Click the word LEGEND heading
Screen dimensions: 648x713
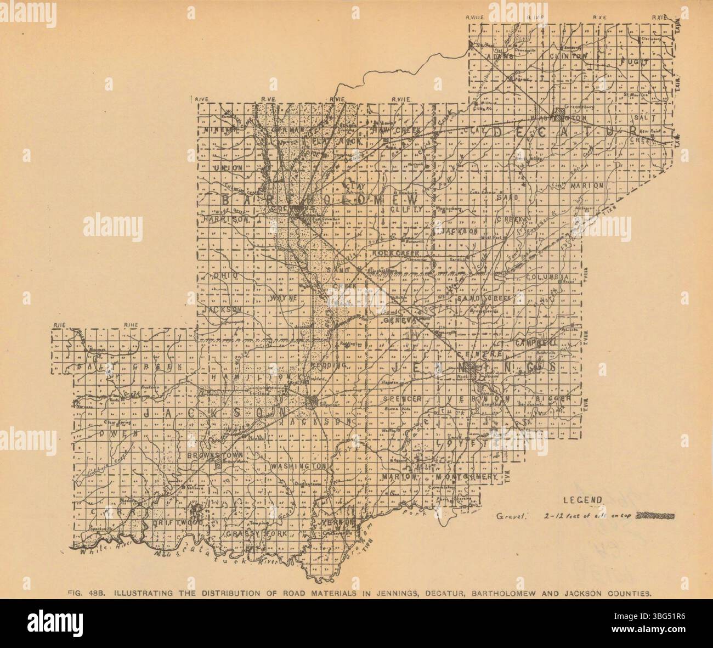[x=583, y=500]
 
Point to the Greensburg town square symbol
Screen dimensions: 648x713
[x=559, y=115]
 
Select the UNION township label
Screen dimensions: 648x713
[x=229, y=167]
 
